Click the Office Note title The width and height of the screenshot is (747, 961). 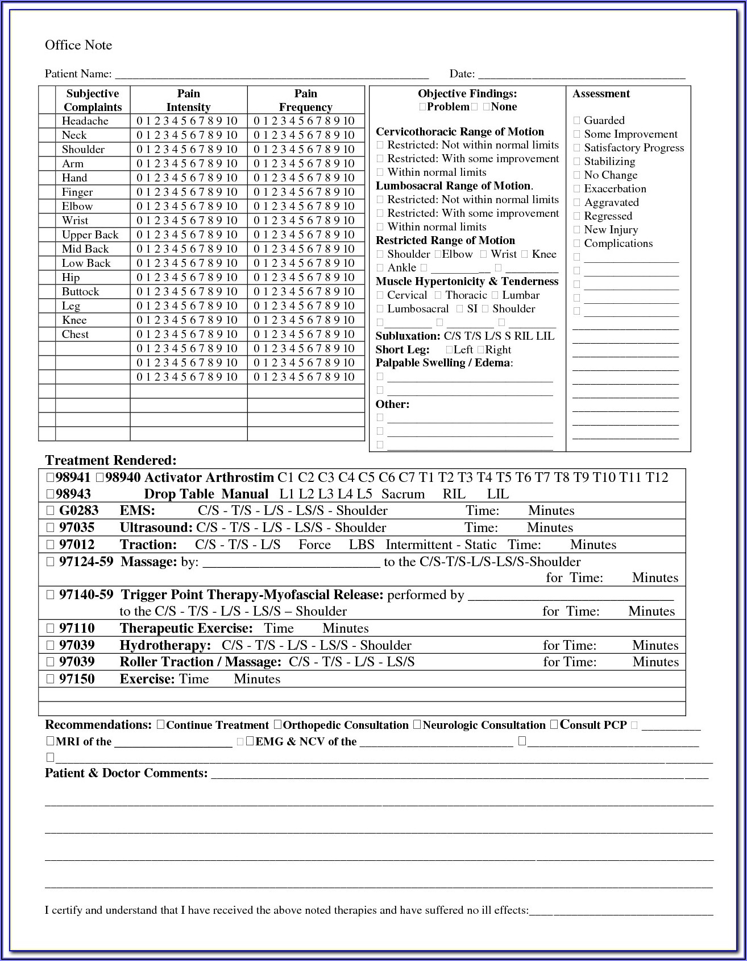click(x=78, y=46)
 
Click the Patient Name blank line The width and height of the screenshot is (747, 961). click(x=271, y=75)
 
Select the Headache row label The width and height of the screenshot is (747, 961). click(x=85, y=121)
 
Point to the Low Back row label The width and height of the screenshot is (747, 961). click(x=86, y=263)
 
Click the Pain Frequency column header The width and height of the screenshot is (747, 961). click(x=305, y=100)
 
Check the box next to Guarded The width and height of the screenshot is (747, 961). click(x=577, y=121)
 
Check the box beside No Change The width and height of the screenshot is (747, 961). click(x=577, y=175)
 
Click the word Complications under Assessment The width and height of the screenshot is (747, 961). click(x=618, y=244)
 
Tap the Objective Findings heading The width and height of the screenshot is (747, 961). click(x=467, y=94)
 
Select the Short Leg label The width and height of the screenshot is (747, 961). click(x=402, y=350)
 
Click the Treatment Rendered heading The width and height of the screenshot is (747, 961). click(x=111, y=460)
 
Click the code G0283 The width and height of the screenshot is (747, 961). click(x=78, y=511)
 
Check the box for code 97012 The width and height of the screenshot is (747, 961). click(x=50, y=545)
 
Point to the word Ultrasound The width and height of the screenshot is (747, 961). click(x=156, y=528)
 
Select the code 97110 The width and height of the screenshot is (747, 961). click(x=77, y=629)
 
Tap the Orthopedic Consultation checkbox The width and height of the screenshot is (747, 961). click(x=277, y=725)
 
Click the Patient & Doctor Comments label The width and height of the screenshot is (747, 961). click(x=126, y=773)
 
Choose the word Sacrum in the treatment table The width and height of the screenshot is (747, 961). click(x=402, y=494)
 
